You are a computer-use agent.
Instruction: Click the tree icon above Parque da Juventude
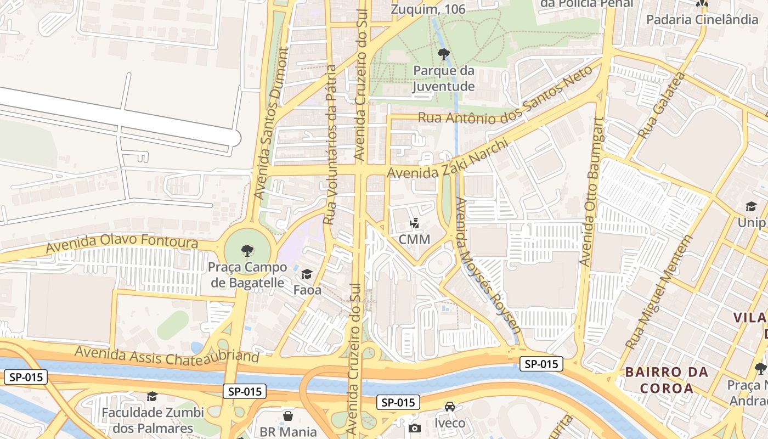point(444,54)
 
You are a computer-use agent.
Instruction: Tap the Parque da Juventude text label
point(444,78)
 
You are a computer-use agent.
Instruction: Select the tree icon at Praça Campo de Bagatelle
point(247,251)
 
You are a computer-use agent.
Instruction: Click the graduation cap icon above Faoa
point(307,274)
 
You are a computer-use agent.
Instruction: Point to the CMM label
point(414,239)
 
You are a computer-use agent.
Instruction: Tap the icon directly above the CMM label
point(414,223)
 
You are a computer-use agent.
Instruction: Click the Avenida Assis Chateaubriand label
point(167,354)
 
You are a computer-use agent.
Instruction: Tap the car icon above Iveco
point(450,407)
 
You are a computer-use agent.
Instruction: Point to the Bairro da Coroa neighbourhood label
point(667,380)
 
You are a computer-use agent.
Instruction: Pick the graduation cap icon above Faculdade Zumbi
point(152,396)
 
